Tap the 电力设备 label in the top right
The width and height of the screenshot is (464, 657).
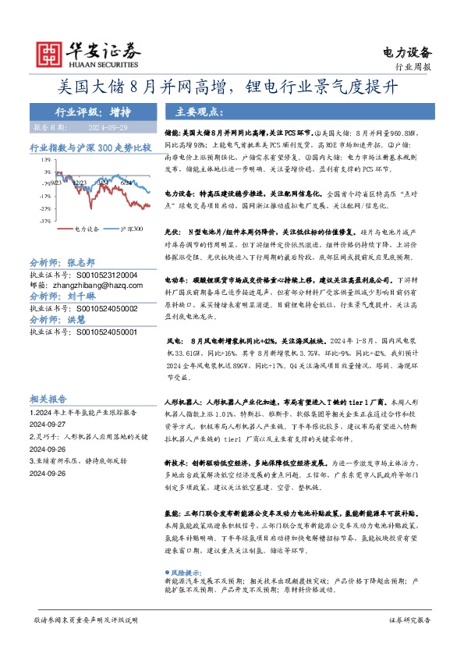click(407, 52)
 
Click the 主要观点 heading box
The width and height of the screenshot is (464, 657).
click(190, 111)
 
